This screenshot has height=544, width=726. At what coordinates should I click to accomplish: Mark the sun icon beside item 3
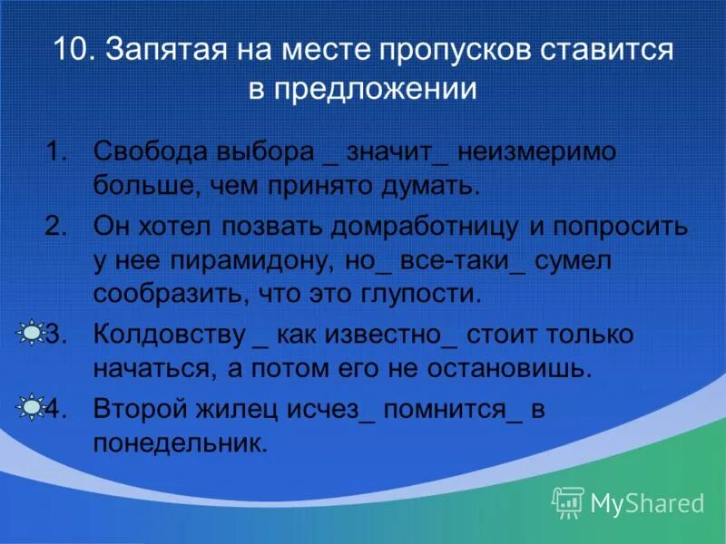(x=30, y=335)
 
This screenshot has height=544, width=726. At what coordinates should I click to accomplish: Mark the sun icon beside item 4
(x=30, y=408)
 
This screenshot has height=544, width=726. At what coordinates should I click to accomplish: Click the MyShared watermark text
(x=646, y=501)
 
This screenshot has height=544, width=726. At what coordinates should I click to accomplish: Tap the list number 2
(x=56, y=226)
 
